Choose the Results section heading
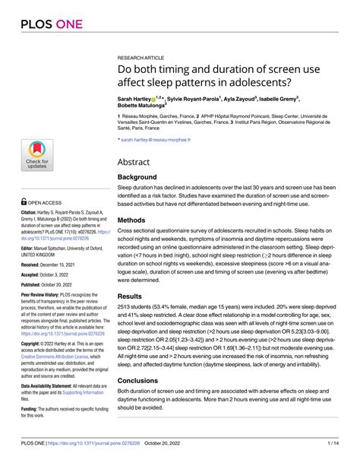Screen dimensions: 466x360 pyautogui.click(x=134, y=299)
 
